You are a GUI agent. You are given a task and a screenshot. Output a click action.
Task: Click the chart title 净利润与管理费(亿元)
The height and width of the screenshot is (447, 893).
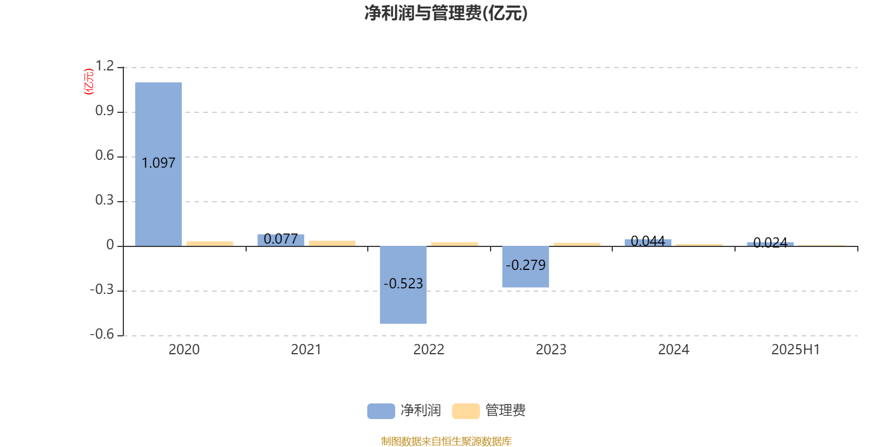point(446,13)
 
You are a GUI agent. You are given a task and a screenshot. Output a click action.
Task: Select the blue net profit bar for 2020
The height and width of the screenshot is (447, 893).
point(159,164)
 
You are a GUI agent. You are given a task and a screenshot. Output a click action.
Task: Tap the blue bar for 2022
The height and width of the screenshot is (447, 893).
point(403,285)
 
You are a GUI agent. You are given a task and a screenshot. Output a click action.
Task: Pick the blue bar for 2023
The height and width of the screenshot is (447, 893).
point(525,267)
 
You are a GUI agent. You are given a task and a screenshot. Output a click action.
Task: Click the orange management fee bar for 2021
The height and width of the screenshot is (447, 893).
point(332,244)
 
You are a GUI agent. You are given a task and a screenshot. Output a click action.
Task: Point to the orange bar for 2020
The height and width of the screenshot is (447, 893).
point(210,244)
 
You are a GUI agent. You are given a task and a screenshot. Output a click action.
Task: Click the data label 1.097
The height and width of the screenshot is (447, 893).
point(159,163)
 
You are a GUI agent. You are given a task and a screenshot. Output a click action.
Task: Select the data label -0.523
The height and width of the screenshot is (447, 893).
point(403,283)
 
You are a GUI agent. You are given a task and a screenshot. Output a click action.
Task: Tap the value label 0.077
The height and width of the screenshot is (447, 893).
point(281,239)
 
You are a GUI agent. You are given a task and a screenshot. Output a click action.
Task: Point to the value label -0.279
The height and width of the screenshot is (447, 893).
point(525,265)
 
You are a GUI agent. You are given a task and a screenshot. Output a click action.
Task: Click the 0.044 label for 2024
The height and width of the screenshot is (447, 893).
point(648,241)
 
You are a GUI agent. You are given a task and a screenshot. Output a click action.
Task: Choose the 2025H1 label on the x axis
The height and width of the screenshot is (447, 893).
point(796,350)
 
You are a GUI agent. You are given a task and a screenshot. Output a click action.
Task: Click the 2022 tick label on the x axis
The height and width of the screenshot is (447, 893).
point(429,350)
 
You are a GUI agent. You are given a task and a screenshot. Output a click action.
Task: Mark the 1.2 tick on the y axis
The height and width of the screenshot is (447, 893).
point(104,66)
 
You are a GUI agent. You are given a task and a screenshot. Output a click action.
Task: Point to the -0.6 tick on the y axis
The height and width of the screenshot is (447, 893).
point(102,334)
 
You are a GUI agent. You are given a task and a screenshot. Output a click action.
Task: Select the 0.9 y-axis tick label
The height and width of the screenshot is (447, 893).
point(104,111)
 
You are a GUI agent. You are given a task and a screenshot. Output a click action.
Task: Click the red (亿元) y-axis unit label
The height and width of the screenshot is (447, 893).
point(89,82)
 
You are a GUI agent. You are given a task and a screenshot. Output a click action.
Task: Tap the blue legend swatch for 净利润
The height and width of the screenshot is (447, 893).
point(381,411)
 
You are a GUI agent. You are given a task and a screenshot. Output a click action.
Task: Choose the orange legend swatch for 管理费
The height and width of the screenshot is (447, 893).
point(465,411)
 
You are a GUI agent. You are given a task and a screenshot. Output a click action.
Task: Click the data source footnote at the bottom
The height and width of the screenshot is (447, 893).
point(446,441)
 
